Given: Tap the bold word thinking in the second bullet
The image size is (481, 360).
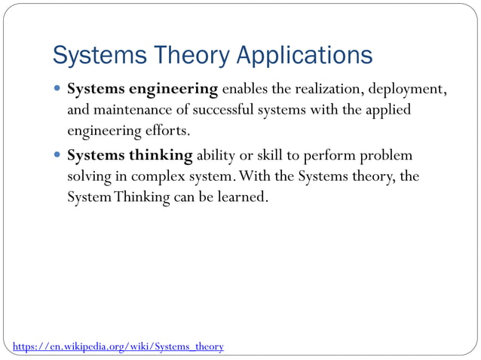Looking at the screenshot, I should point(161,156).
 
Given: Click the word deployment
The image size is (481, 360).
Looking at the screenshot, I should point(407,90).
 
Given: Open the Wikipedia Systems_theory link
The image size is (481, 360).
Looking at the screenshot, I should point(118,346).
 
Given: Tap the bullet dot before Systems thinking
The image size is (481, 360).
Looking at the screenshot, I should point(59,156).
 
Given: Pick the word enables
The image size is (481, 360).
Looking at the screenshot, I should point(247,90).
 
